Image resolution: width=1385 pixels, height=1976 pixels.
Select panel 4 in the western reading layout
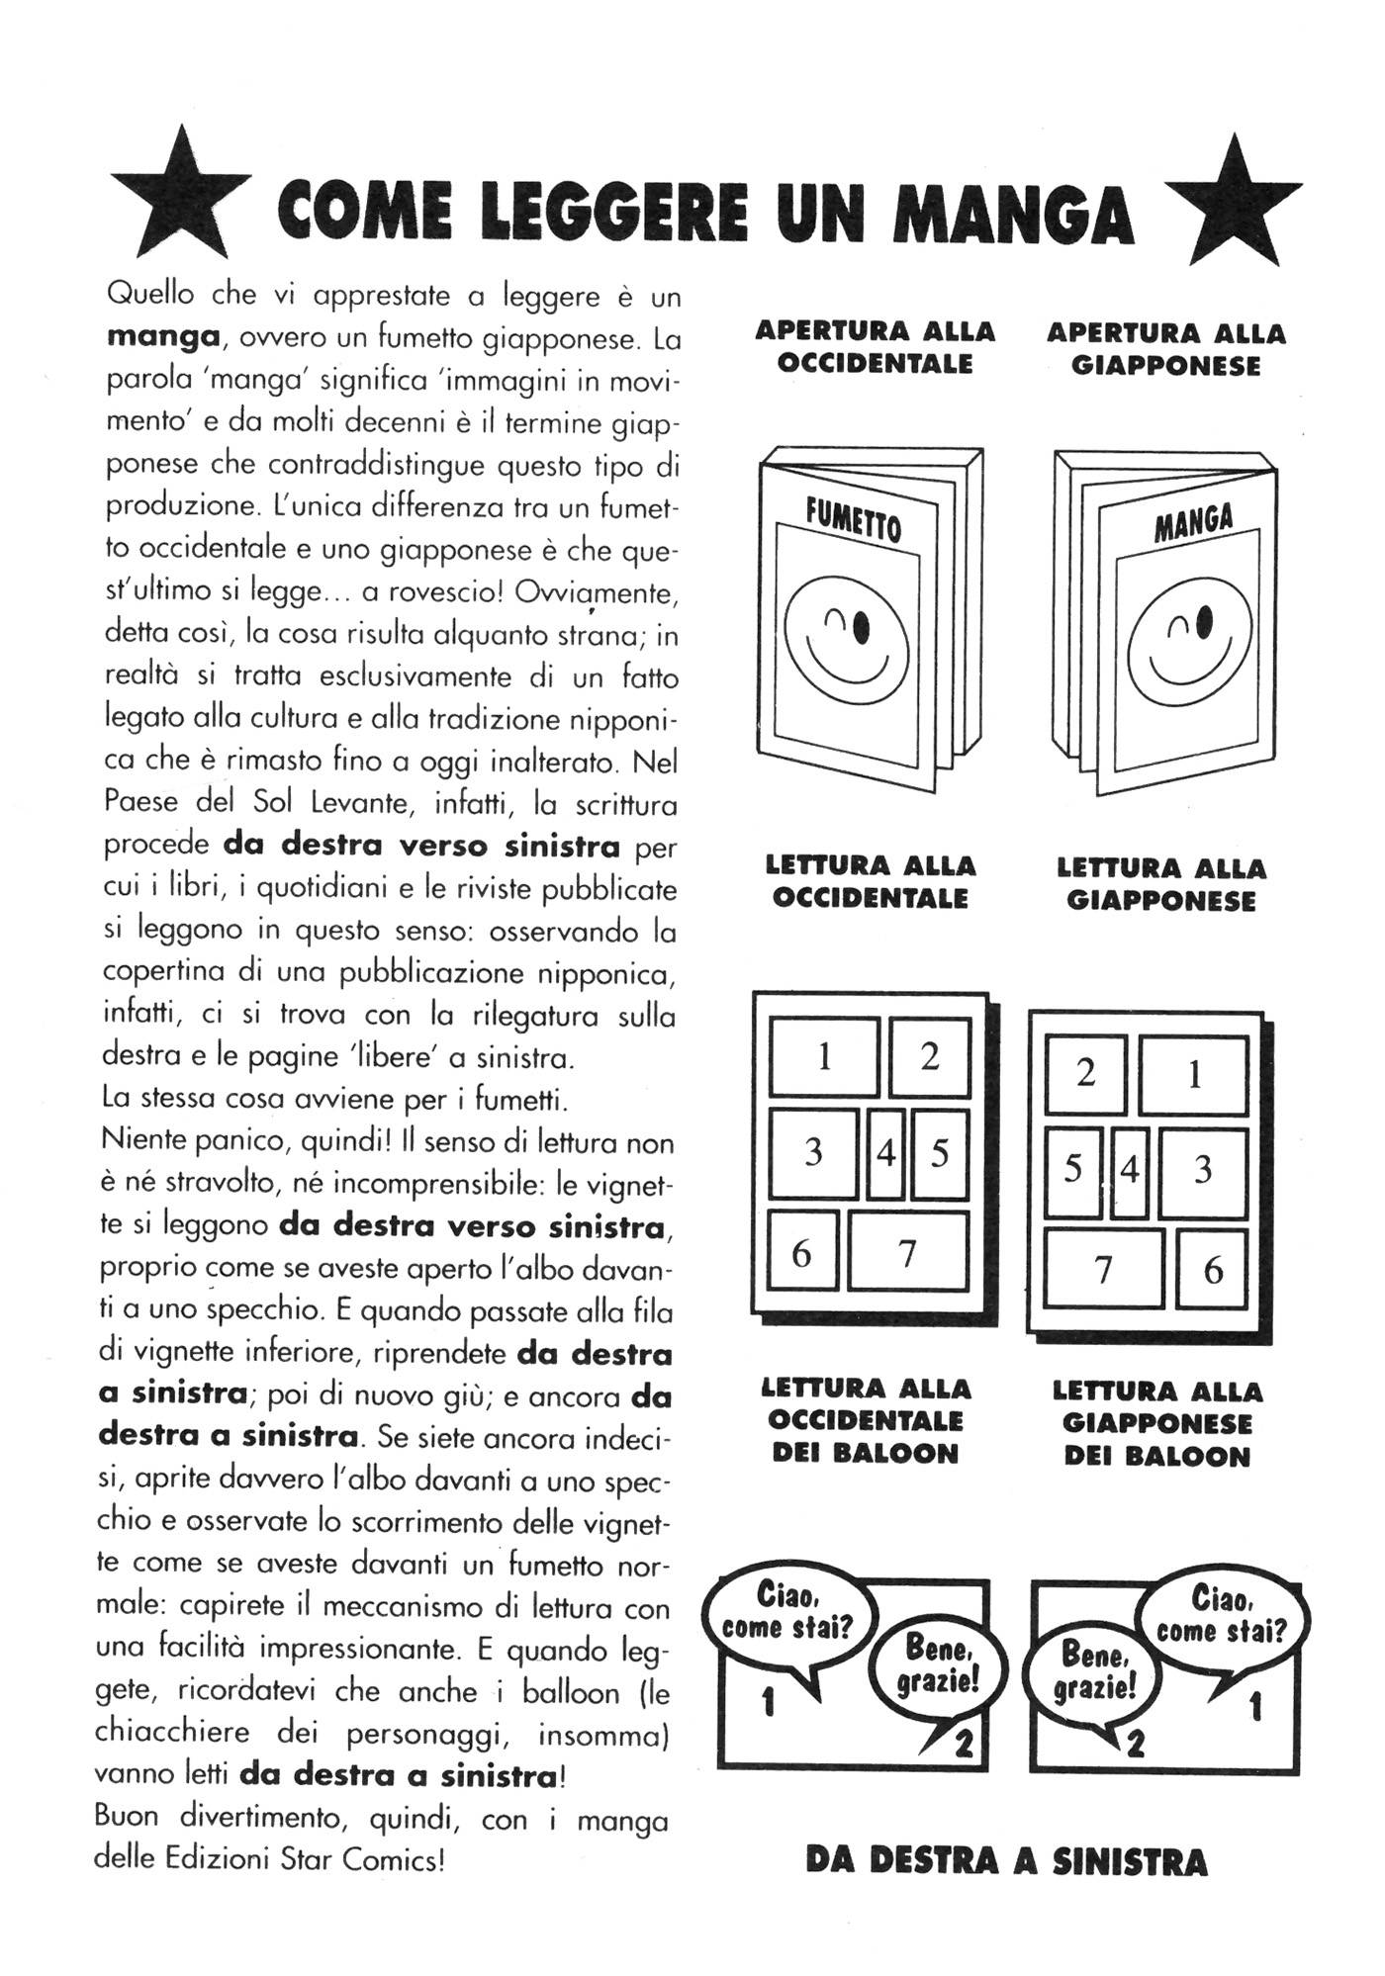(x=886, y=1153)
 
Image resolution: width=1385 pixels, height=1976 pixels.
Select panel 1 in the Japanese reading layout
(x=1193, y=1075)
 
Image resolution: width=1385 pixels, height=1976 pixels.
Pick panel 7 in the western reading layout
(x=907, y=1253)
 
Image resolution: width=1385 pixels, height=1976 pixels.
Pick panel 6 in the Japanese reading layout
(x=1213, y=1270)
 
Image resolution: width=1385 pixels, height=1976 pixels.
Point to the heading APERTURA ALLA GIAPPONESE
(x=1165, y=349)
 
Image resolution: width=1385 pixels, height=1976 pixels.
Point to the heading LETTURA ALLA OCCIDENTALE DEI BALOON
(x=866, y=1421)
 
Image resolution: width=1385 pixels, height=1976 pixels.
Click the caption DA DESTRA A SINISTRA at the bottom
(x=1006, y=1861)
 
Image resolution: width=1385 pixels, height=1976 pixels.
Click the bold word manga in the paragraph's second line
(x=162, y=336)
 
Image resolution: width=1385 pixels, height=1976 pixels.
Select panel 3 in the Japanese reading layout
(x=1203, y=1171)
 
